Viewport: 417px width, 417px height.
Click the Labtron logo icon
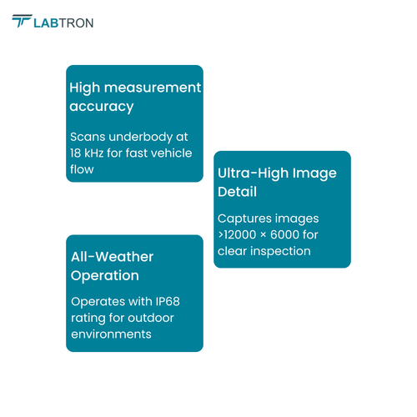coord(22,21)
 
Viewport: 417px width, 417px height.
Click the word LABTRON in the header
coord(63,23)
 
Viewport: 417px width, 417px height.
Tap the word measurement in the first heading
coord(153,88)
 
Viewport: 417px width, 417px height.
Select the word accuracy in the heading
coord(102,107)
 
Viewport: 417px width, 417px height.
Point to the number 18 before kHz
coord(75,153)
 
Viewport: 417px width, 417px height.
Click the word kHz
coord(93,153)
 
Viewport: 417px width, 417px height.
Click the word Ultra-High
coord(254,173)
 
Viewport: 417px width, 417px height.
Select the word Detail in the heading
coord(237,192)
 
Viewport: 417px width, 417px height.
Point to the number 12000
coord(240,234)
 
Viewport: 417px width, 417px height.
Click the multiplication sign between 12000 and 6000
coord(264,235)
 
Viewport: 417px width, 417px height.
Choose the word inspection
coord(280,252)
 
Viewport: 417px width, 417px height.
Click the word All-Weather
coord(112,257)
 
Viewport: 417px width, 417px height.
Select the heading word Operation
coord(105,276)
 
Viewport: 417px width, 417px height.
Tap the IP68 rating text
coord(168,302)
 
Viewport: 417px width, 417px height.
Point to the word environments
coord(111,334)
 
